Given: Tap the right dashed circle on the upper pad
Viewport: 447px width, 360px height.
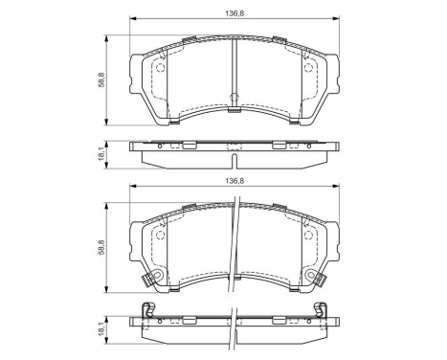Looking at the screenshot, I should pyautogui.click(x=308, y=67).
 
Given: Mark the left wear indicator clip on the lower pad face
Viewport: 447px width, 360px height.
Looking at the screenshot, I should pyautogui.click(x=145, y=281).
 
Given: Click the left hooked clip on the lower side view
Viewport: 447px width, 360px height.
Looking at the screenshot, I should pyautogui.click(x=146, y=308).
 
